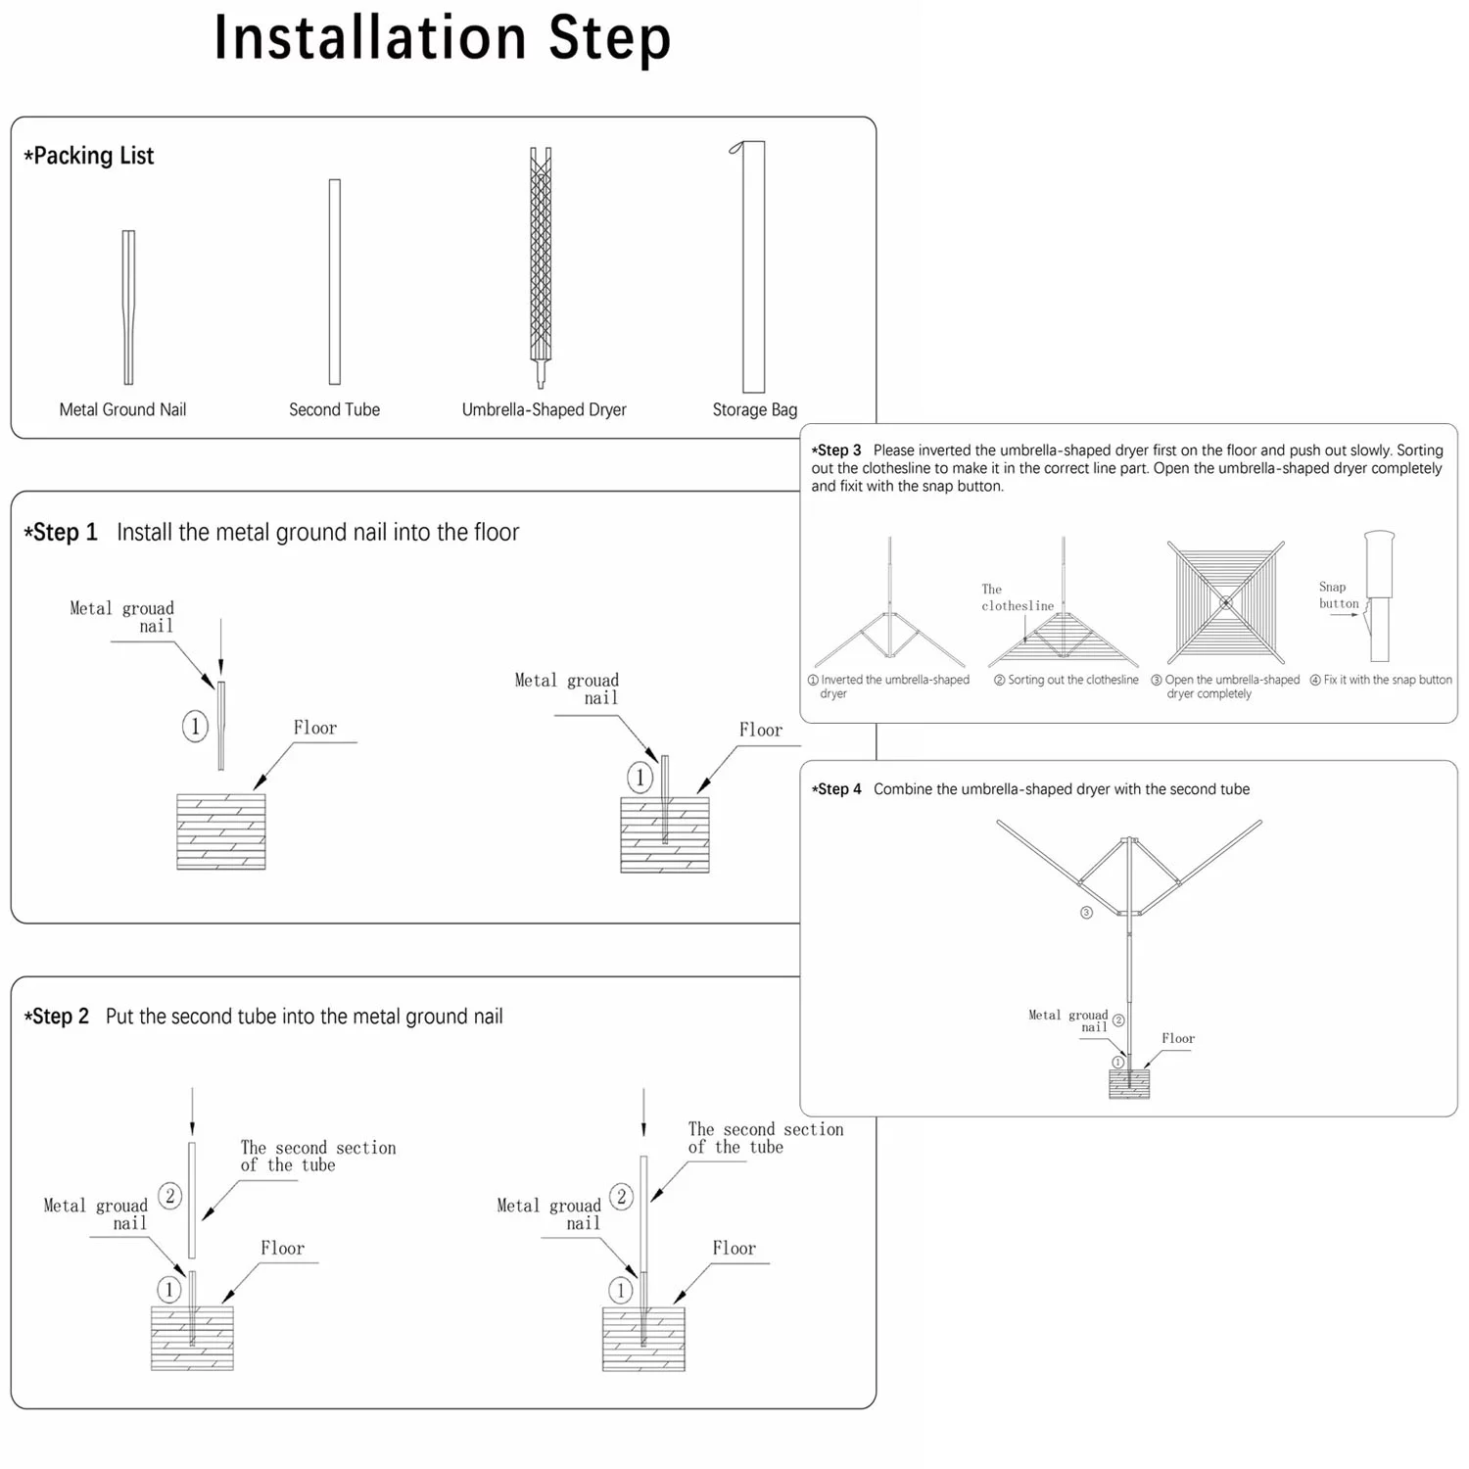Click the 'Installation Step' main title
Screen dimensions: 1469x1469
[x=442, y=39]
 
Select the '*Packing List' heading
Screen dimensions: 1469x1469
[x=89, y=156]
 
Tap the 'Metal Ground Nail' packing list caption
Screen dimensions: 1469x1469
[x=122, y=409]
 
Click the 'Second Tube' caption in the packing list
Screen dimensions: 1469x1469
[x=334, y=409]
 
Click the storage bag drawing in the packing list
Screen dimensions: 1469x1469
[x=752, y=266]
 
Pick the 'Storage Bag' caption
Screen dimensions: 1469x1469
[x=754, y=409]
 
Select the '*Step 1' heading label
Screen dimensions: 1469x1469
[x=61, y=533]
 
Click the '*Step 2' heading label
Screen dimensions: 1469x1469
[x=57, y=1017]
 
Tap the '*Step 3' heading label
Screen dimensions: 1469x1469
[x=836, y=450]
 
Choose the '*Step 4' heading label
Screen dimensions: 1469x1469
[x=836, y=789]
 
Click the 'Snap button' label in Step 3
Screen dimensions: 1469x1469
[x=1338, y=595]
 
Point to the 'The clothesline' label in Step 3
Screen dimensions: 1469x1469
[x=1017, y=597]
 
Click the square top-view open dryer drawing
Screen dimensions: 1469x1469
[x=1225, y=603]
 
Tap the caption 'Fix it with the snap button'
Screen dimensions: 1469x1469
[x=1381, y=680]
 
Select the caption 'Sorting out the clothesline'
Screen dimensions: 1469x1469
[x=1066, y=680]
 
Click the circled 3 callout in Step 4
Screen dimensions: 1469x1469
[x=1086, y=913]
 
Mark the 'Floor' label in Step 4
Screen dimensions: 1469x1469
[x=1178, y=1038]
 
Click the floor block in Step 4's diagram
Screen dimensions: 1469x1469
[x=1129, y=1084]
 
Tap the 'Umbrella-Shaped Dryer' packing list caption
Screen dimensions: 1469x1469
[x=544, y=409]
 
